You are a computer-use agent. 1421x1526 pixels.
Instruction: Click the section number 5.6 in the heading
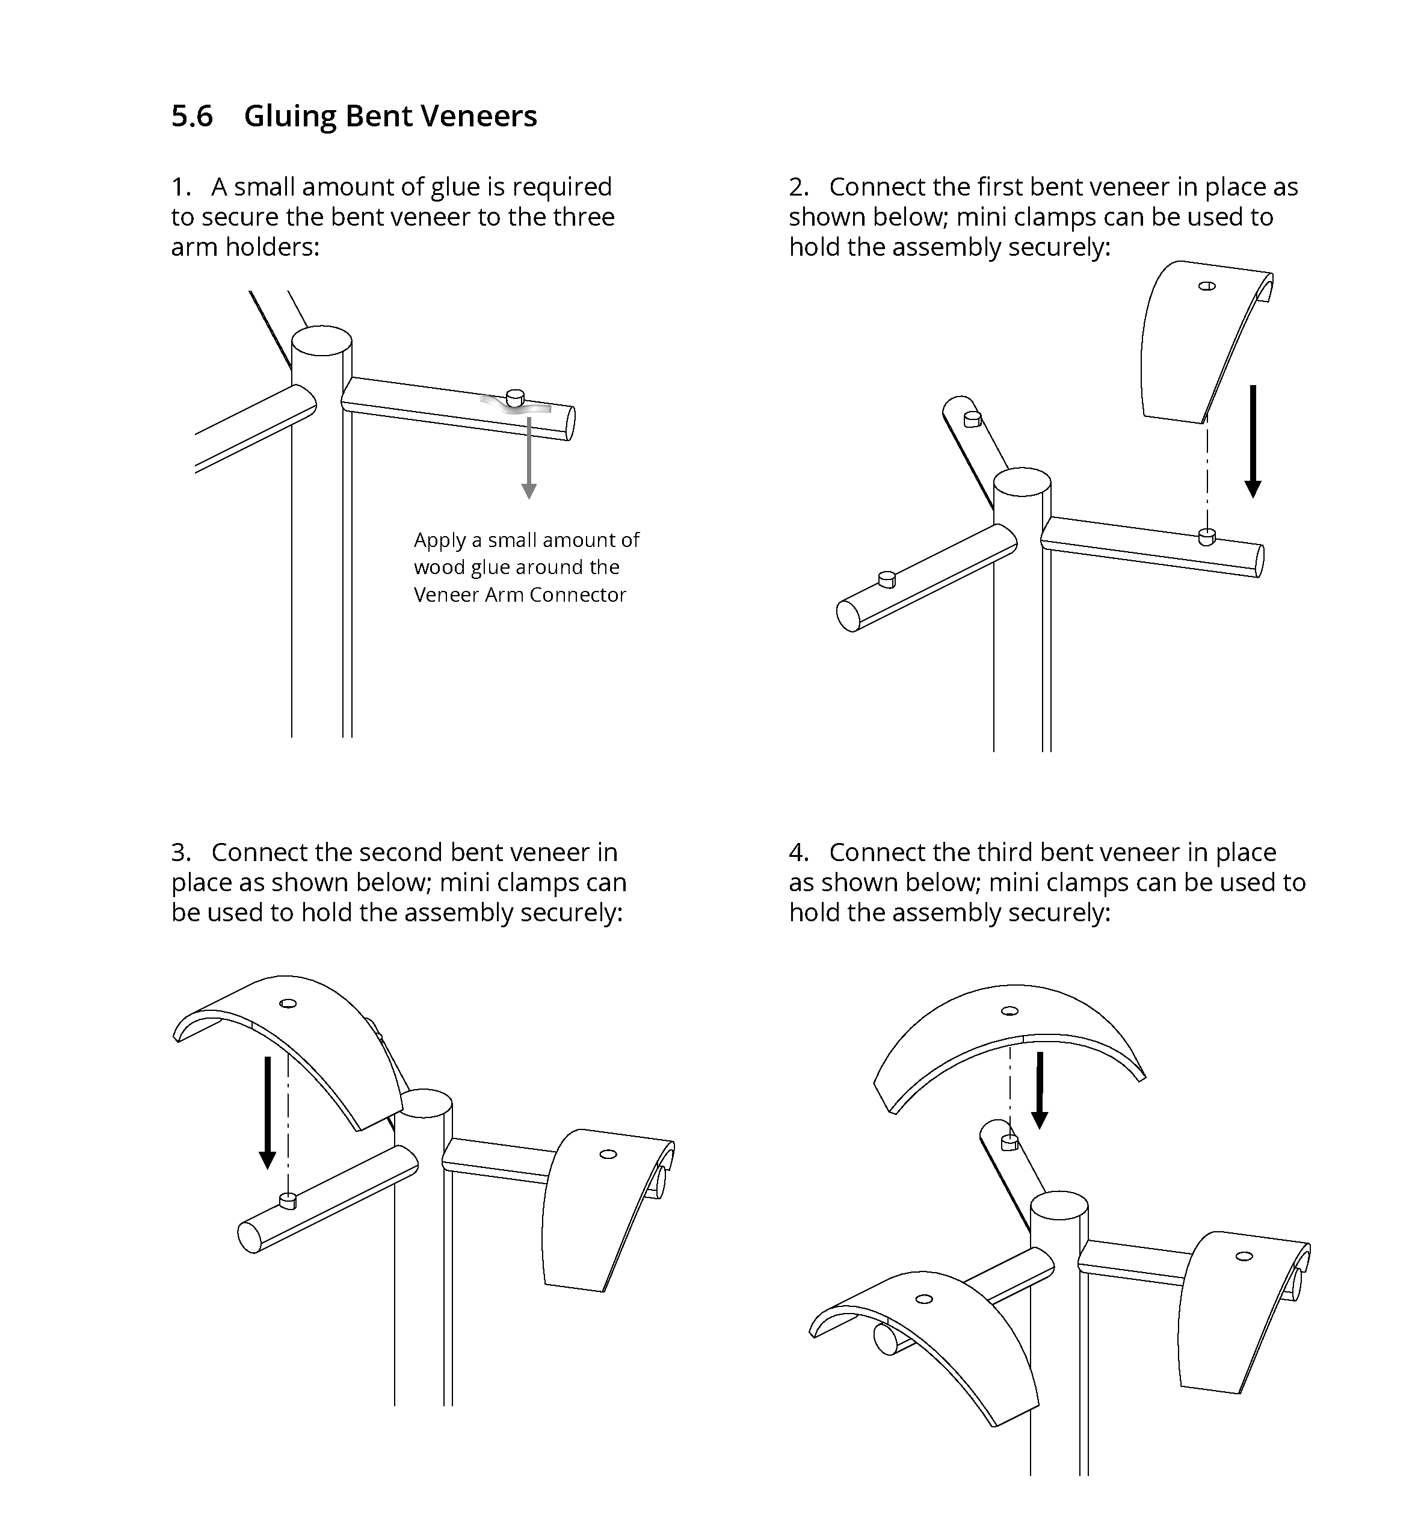point(191,117)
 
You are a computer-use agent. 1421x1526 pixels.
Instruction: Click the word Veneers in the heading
point(479,117)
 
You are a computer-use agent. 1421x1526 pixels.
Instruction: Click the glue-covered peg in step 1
point(515,398)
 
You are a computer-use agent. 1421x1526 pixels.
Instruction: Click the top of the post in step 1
point(321,340)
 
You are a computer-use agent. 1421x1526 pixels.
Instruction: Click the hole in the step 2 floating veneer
point(1207,286)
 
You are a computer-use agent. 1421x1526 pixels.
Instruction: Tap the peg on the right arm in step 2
point(1206,536)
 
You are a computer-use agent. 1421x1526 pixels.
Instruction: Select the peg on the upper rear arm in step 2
point(972,418)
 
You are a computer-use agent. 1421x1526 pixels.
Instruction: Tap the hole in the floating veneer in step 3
point(289,1003)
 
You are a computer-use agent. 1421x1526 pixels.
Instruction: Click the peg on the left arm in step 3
point(288,1200)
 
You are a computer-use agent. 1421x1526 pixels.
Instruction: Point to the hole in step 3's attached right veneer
point(608,1154)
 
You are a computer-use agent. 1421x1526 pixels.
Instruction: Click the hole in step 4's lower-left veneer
point(925,1299)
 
